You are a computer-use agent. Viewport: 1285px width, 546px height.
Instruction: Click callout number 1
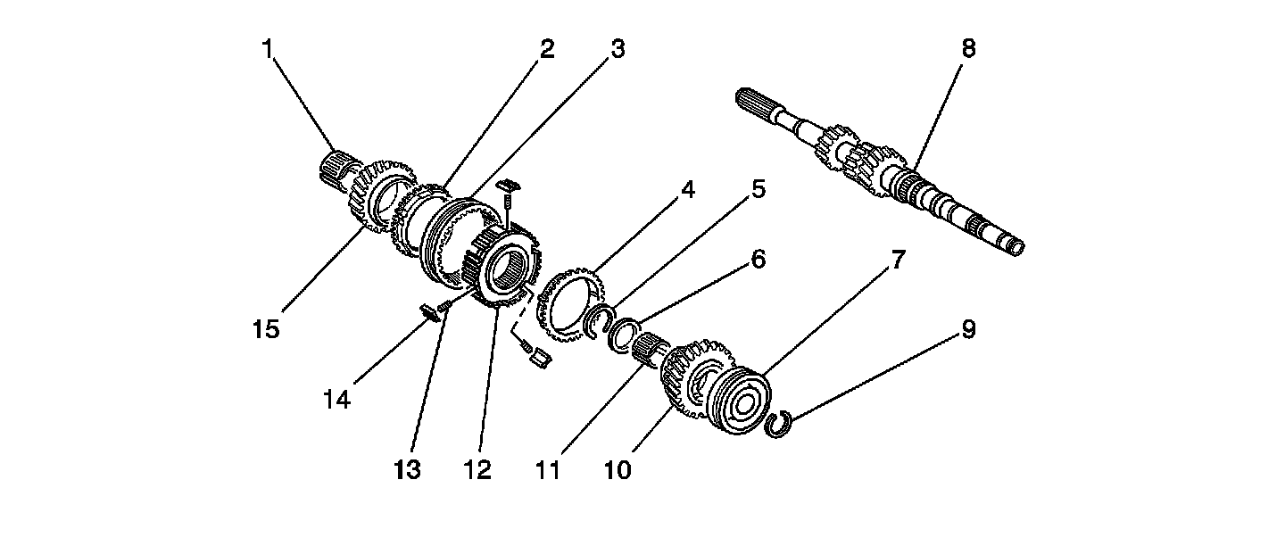267,48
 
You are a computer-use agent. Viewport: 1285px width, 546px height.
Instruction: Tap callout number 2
546,48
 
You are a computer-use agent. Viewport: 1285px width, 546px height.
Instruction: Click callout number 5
758,189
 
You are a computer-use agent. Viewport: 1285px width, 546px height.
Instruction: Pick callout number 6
758,260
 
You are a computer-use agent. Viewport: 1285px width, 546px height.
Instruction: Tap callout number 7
897,260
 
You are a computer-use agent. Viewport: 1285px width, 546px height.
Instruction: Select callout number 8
968,48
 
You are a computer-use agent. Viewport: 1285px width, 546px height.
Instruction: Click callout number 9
968,330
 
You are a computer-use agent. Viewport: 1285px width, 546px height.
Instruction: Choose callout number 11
547,469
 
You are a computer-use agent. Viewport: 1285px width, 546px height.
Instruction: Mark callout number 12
477,469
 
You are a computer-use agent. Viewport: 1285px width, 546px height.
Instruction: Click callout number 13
407,469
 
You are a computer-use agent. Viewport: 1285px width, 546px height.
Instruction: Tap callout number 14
337,400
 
